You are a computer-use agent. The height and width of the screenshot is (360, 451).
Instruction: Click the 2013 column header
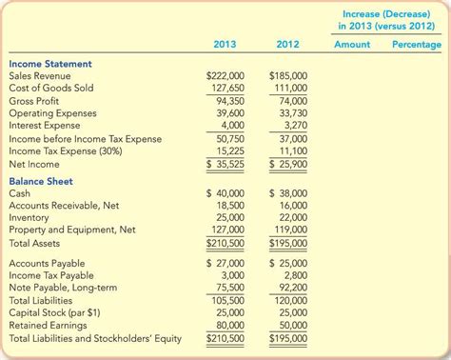tap(225, 44)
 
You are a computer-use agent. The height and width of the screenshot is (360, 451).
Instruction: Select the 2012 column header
tap(287, 44)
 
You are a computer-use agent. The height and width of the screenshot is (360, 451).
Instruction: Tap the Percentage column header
tap(416, 45)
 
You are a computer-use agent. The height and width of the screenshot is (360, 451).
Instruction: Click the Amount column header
tap(353, 45)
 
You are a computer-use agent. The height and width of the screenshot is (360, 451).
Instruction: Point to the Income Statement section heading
tap(50, 64)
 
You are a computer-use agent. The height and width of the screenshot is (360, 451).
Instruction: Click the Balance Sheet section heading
tap(41, 181)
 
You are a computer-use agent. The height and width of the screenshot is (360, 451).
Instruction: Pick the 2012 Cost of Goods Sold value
tap(291, 88)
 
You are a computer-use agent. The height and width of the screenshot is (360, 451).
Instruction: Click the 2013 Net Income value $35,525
tap(225, 163)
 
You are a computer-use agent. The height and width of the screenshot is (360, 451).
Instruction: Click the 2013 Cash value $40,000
tap(225, 193)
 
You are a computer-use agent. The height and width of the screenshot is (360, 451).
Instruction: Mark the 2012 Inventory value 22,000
tap(293, 217)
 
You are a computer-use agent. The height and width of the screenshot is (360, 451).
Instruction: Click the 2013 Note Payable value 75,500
tap(229, 287)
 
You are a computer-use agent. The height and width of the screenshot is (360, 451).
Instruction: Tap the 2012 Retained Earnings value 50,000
tap(293, 324)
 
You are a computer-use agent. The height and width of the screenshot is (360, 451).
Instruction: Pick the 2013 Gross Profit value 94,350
tap(229, 100)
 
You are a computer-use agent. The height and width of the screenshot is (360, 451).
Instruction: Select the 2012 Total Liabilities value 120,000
tap(291, 299)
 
